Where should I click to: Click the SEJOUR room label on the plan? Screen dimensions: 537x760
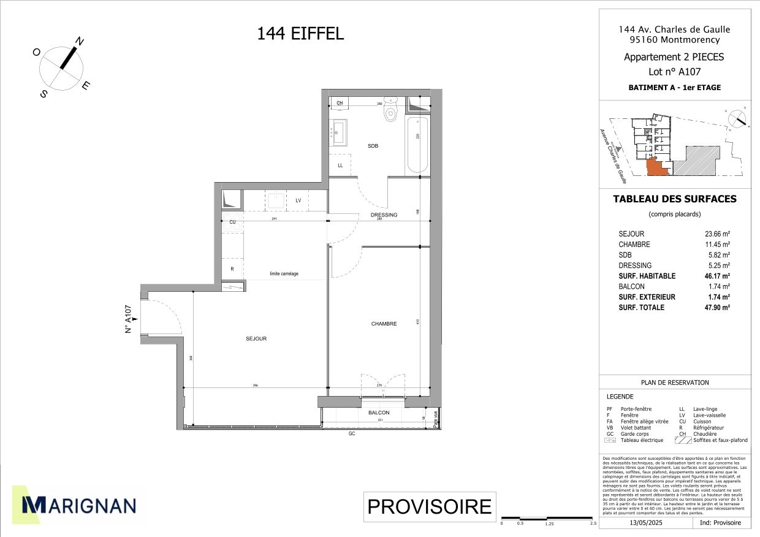coord(256,338)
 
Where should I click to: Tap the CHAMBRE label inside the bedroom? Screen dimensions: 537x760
coord(384,324)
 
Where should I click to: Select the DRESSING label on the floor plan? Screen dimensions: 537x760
coord(384,215)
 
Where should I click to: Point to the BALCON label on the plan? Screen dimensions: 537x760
coord(379,413)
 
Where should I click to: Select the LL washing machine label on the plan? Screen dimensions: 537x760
coord(340,166)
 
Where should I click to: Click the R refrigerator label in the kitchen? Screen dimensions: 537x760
coord(232,269)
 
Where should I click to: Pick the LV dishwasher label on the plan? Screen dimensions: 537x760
coord(298,200)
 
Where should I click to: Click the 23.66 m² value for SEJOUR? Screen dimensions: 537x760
coord(718,234)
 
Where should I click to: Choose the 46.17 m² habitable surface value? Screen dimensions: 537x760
coord(718,276)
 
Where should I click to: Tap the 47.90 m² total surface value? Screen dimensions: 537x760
coord(718,308)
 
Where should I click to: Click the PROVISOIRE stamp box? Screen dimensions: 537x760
coord(429,507)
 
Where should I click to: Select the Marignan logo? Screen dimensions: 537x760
coord(79,505)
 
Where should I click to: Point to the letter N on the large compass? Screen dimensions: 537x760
coord(79,42)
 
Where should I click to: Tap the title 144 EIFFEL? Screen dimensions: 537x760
coord(300,33)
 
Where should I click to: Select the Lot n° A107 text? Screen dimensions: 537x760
coord(674,71)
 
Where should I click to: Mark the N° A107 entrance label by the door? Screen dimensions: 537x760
coord(129,319)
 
